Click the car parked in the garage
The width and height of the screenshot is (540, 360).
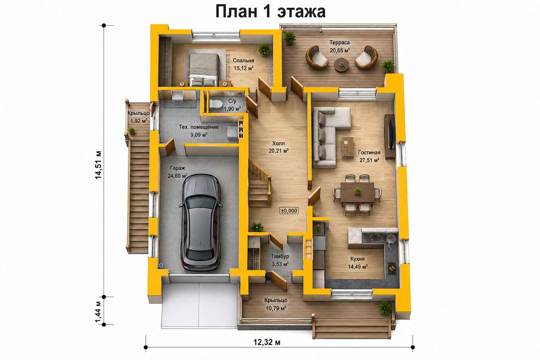click(201, 222)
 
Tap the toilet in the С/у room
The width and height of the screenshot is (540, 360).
click(216, 104)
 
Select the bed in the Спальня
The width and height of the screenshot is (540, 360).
click(204, 70)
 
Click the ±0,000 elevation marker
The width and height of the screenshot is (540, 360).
click(289, 211)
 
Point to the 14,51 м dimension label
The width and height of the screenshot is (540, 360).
click(98, 165)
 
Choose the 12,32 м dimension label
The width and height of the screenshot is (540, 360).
click(267, 342)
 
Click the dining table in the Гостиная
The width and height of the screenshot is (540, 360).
click(357, 192)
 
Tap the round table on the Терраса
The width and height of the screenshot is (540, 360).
click(341, 65)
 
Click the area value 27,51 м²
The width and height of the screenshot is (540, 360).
click(369, 160)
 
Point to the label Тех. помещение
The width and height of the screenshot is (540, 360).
click(199, 127)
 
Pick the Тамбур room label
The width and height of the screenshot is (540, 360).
click(280, 256)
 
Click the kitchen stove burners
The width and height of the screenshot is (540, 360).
click(392, 268)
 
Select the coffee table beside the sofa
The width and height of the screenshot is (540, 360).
click(348, 147)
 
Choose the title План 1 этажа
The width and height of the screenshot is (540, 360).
click(270, 11)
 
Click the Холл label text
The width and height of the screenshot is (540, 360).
click(278, 143)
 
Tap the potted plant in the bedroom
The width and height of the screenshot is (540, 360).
click(264, 49)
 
